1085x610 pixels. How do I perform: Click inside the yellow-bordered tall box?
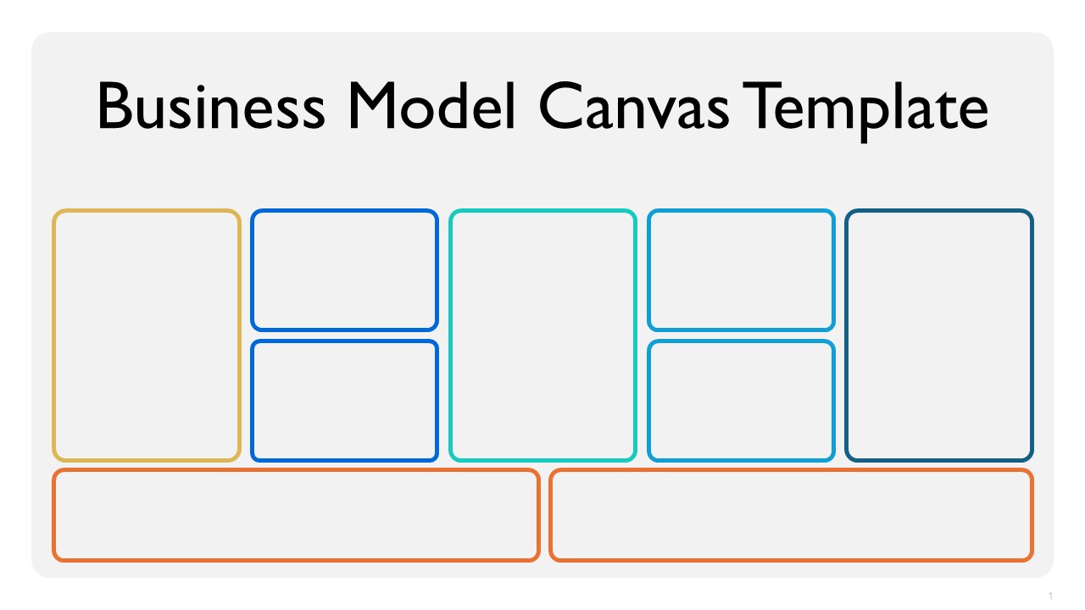[147, 335]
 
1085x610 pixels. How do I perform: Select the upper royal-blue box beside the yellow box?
[344, 270]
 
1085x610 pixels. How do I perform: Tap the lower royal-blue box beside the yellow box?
[344, 401]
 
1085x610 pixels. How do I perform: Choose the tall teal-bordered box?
[542, 335]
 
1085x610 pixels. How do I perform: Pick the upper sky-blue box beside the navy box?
[741, 270]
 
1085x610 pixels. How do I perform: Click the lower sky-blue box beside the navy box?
[741, 401]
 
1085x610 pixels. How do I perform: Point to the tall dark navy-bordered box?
[939, 335]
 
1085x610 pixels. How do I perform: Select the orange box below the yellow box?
[296, 515]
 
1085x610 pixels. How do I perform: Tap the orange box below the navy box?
[792, 515]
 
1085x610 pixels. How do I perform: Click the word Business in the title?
[211, 107]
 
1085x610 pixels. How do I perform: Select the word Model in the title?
[431, 106]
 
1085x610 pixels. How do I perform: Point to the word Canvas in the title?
[633, 106]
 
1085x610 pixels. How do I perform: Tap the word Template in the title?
[865, 111]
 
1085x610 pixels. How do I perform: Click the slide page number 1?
[1050, 596]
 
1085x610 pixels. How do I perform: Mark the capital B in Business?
[114, 106]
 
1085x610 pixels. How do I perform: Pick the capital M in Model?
[372, 106]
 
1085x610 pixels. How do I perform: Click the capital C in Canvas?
[560, 106]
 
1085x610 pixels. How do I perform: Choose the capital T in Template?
[763, 106]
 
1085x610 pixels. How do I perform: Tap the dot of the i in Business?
[201, 87]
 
